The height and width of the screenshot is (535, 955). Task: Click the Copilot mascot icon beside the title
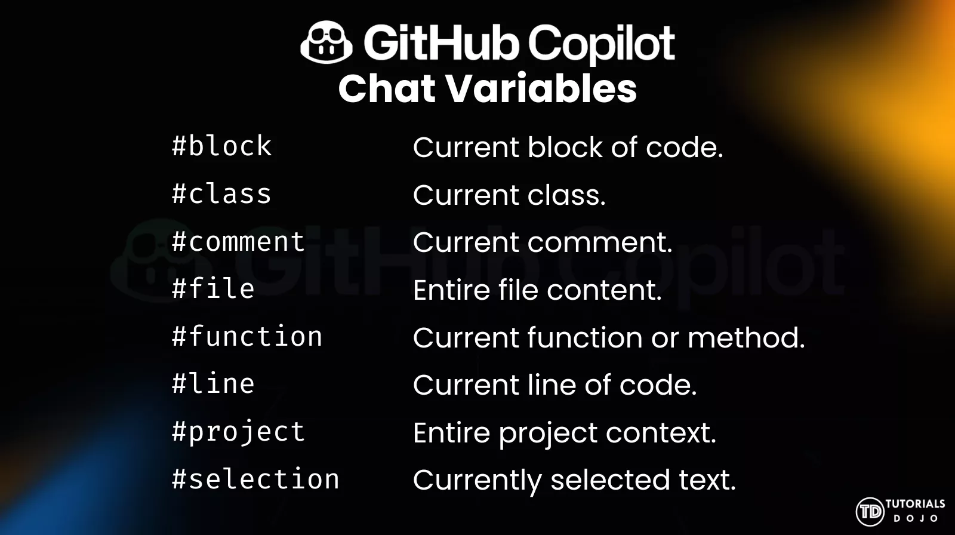tap(326, 42)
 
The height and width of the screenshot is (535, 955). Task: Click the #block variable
tap(221, 146)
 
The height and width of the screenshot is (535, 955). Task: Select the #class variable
tap(221, 194)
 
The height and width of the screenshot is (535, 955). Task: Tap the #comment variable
tap(238, 242)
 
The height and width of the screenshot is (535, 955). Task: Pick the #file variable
tap(213, 289)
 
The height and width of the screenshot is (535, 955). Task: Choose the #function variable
tap(247, 337)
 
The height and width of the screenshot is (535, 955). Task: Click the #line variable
tap(213, 384)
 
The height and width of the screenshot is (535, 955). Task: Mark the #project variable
tap(238, 432)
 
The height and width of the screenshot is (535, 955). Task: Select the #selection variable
tap(255, 479)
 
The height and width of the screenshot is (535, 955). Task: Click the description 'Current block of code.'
tap(568, 147)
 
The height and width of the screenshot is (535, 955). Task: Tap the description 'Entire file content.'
tap(537, 290)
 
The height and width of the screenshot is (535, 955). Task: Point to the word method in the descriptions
tap(745, 338)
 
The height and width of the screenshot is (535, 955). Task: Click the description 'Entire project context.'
tap(564, 433)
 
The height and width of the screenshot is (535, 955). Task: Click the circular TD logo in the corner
tap(870, 512)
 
